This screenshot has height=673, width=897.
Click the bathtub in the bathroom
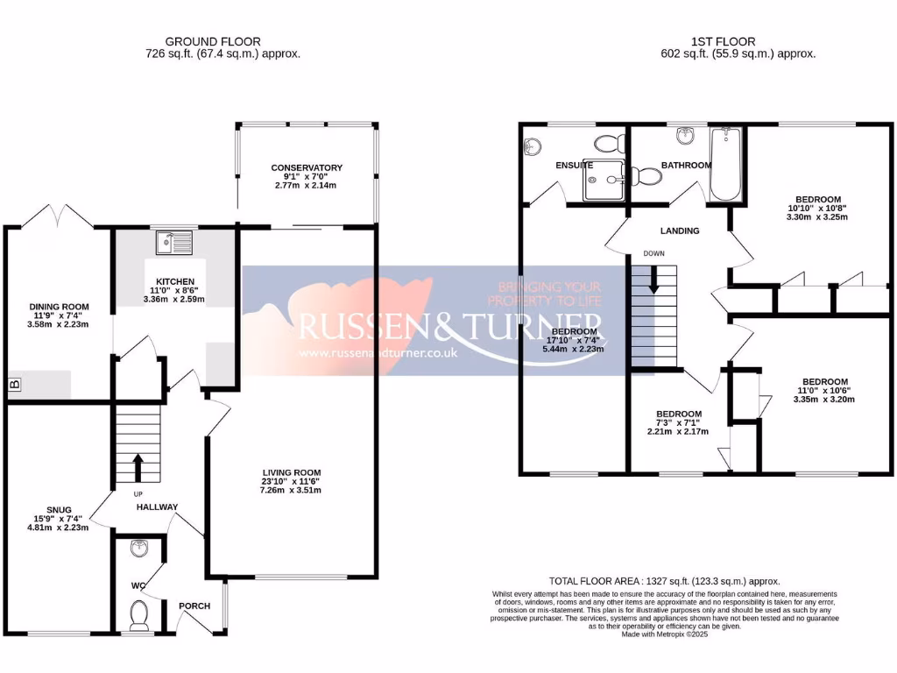point(725,165)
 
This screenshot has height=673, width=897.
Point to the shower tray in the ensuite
point(603,180)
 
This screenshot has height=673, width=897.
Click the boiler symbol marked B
point(14,384)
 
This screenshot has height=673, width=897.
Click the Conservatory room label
point(307,167)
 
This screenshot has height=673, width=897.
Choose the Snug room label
point(60,509)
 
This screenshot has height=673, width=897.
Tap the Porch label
point(194,606)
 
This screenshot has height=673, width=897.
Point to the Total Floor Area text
point(664,581)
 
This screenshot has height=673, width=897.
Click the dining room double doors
point(57,216)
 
